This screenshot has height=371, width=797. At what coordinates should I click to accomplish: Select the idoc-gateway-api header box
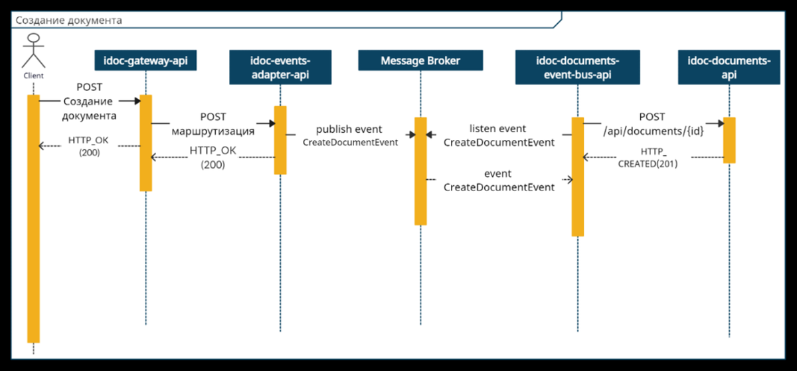145,61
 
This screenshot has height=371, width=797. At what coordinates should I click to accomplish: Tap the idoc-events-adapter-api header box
280,68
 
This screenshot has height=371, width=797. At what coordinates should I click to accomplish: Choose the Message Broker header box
420,61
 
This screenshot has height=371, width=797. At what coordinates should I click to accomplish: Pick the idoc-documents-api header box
729,68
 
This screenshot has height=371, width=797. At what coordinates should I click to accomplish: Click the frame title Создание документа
69,20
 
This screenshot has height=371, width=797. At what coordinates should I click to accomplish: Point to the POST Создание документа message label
90,102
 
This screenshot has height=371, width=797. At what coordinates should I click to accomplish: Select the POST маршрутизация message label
213,123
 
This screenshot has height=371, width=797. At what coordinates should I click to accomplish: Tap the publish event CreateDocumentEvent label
349,135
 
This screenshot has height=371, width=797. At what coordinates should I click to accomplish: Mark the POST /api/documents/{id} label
652,124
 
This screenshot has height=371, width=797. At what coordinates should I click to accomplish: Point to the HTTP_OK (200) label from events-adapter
213,158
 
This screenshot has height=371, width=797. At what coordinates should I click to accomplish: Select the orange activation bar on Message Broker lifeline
420,171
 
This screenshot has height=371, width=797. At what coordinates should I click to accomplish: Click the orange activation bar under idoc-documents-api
729,140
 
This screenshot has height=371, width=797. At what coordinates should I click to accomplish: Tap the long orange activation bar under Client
33,219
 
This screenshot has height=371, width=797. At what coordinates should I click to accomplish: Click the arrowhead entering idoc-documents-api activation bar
719,123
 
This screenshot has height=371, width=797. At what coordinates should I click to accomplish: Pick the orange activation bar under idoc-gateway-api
145,143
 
